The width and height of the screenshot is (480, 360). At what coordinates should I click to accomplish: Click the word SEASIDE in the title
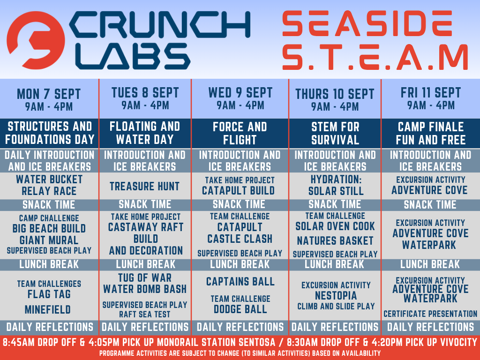point(367,23)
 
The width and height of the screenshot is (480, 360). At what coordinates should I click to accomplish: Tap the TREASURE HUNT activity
point(145,186)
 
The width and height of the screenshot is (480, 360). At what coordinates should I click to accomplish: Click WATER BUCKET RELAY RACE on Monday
point(49,185)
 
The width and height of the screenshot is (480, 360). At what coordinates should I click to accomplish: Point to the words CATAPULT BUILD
point(238,190)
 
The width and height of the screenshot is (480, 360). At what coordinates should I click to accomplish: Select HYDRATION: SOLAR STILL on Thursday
point(336,185)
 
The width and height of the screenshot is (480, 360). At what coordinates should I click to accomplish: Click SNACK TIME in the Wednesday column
point(239,204)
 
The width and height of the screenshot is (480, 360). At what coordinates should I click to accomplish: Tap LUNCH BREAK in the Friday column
point(430,264)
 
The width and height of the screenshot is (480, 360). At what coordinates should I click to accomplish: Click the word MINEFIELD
point(48,309)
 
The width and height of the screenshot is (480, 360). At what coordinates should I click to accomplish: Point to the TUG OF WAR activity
point(145,277)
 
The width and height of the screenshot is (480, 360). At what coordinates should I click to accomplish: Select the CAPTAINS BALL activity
point(240,281)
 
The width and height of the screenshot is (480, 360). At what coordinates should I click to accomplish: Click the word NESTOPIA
point(336,296)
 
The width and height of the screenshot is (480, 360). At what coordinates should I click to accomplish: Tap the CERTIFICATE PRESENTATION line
point(430,314)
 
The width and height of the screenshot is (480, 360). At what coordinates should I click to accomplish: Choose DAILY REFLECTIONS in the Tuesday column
point(145,327)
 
